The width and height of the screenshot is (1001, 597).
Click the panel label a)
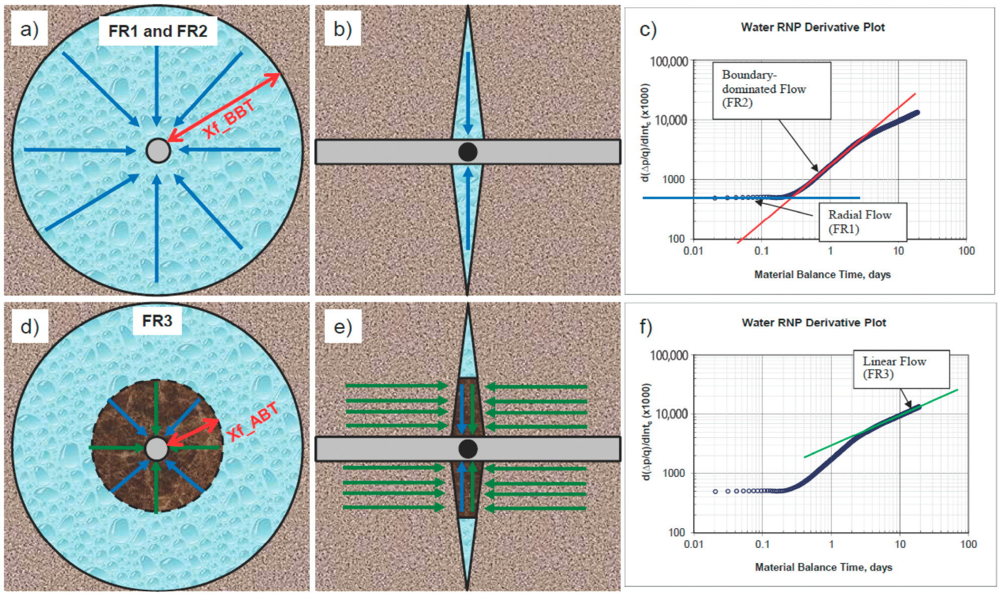tap(29, 29)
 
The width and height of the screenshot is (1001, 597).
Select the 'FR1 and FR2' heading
tap(158, 31)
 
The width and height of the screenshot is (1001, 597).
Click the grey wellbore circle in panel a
tap(158, 150)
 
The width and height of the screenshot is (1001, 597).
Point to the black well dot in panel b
tap(467, 151)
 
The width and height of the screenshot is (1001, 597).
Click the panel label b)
tap(342, 29)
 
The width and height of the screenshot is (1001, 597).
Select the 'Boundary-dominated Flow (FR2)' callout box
tap(771, 90)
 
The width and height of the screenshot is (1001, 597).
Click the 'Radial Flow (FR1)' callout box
tap(862, 222)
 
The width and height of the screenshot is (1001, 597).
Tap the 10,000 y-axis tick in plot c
tap(671, 120)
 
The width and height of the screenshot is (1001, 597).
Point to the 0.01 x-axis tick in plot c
tap(693, 251)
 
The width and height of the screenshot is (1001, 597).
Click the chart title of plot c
tap(813, 27)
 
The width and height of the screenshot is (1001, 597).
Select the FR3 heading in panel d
tap(157, 320)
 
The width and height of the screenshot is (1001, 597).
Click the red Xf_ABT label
tap(253, 422)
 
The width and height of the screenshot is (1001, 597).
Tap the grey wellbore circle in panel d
tap(156, 449)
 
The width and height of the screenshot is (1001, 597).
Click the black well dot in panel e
tap(467, 449)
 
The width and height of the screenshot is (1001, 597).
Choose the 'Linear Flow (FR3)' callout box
tap(901, 368)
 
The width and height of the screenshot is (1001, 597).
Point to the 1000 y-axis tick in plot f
tap(674, 473)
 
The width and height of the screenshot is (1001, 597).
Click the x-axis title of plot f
tap(823, 567)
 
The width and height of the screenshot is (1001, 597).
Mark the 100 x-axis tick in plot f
tap(968, 544)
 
